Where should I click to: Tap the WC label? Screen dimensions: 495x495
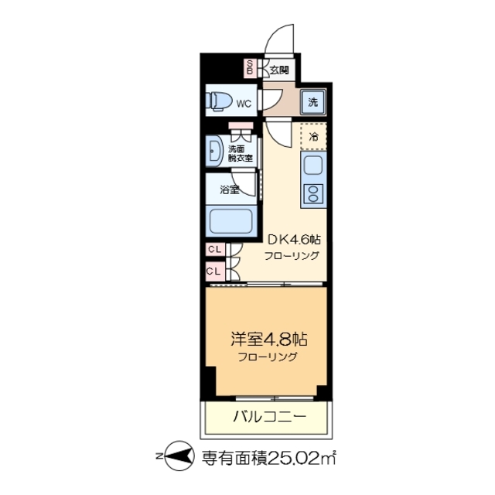pyautogui.click(x=244, y=103)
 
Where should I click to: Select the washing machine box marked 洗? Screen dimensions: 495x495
pyautogui.click(x=312, y=102)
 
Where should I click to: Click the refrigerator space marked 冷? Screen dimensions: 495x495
pyautogui.click(x=313, y=137)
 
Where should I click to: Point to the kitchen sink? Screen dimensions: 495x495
pyautogui.click(x=313, y=166)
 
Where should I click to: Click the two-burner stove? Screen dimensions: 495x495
pyautogui.click(x=313, y=193)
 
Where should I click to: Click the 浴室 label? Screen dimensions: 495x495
pyautogui.click(x=229, y=189)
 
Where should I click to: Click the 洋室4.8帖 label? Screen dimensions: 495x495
pyautogui.click(x=265, y=340)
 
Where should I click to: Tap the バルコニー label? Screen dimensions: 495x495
pyautogui.click(x=269, y=418)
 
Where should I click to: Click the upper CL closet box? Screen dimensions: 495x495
pyautogui.click(x=214, y=251)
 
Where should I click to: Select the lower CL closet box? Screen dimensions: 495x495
pyautogui.click(x=214, y=271)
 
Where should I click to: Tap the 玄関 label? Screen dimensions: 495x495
pyautogui.click(x=278, y=70)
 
